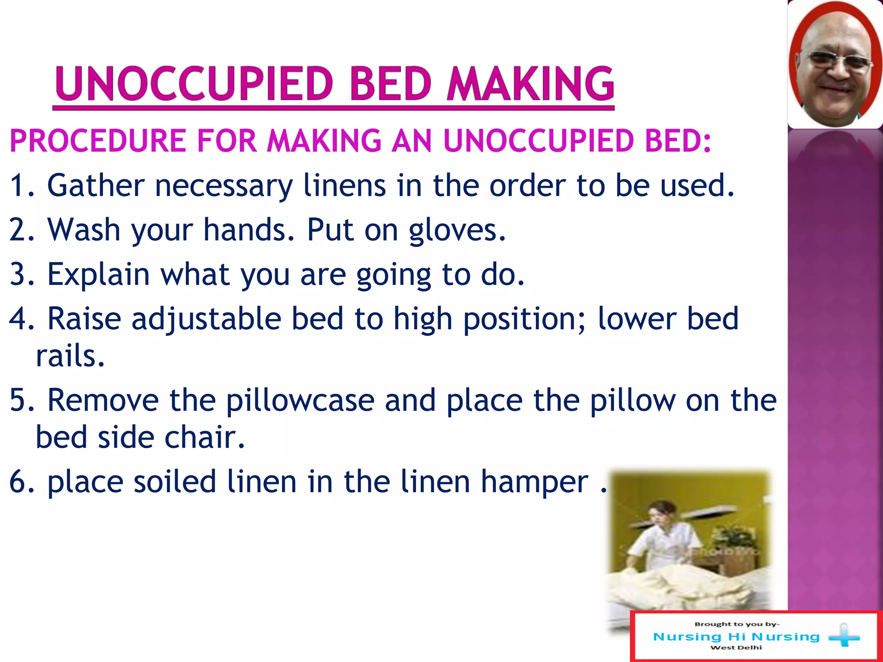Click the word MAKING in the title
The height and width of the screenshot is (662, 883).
tap(530, 84)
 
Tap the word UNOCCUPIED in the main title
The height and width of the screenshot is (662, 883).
tap(194, 84)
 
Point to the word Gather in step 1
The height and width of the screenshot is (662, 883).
tap(96, 186)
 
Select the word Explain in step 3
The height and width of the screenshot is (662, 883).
tap(98, 275)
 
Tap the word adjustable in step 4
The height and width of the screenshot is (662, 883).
tap(206, 319)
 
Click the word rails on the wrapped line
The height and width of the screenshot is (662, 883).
tap(69, 356)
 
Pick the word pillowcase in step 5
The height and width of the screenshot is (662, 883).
tap(300, 401)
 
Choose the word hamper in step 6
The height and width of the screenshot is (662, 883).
tap(535, 482)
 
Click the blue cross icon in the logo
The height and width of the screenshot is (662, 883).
tap(844, 636)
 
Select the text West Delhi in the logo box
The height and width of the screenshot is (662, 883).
tap(736, 648)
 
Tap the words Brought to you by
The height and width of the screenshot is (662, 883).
tap(736, 624)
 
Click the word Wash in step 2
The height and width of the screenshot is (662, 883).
tap(84, 231)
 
